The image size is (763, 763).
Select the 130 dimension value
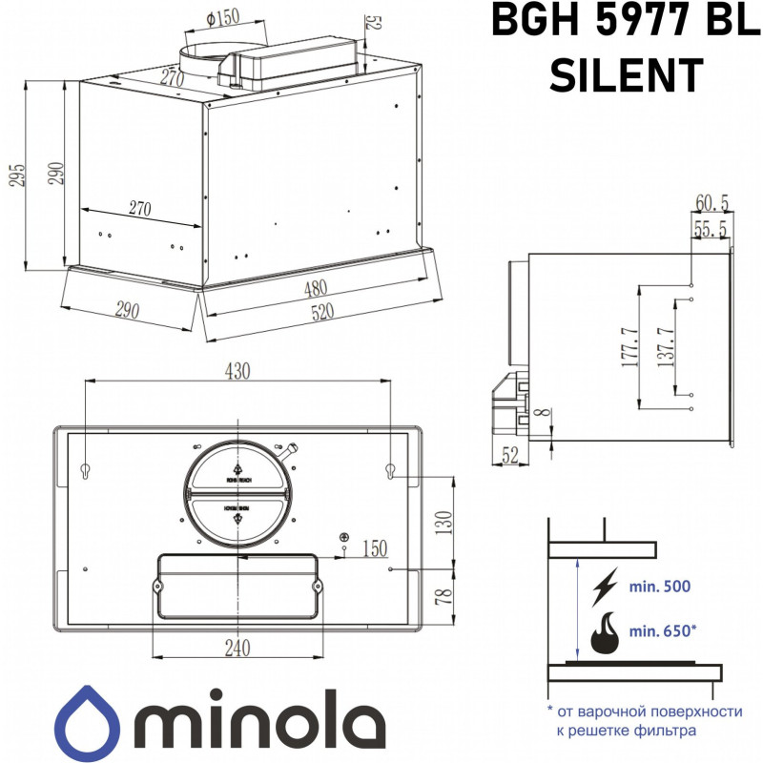(x=441, y=521)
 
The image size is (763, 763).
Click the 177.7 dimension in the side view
(x=629, y=347)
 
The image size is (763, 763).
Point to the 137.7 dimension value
(x=667, y=347)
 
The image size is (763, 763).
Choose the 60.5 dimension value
(x=712, y=203)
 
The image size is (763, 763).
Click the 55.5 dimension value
(x=712, y=229)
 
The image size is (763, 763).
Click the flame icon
(x=603, y=632)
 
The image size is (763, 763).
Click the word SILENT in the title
(x=627, y=73)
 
